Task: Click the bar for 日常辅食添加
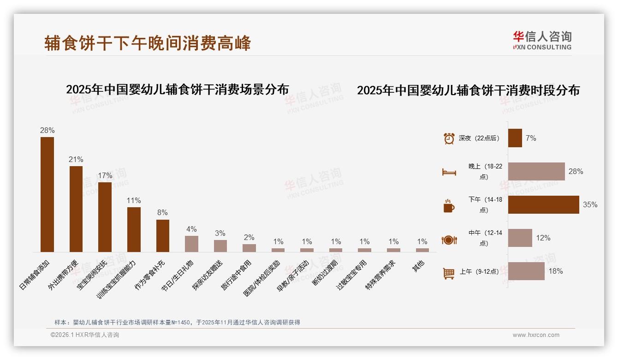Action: pos(47,194)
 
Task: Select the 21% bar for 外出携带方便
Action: pos(76,209)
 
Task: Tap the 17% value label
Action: pos(105,176)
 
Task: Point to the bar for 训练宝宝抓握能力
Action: pos(134,229)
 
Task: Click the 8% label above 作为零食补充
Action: pos(162,213)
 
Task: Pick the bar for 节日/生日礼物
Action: pos(191,244)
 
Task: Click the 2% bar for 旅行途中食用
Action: pos(249,248)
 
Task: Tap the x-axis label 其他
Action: pos(418,266)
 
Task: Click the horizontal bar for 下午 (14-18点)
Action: pos(543,204)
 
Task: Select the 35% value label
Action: pos(590,204)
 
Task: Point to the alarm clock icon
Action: pos(449,138)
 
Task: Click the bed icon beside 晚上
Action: pos(449,172)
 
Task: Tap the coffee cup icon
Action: pos(449,206)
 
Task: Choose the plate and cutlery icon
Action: pos(449,240)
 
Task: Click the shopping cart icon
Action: pos(449,273)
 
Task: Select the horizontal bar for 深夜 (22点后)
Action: pos(515,138)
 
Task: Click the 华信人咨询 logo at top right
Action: pos(542,41)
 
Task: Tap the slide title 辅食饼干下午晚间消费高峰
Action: pos(148,43)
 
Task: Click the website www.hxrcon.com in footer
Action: pos(535,335)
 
